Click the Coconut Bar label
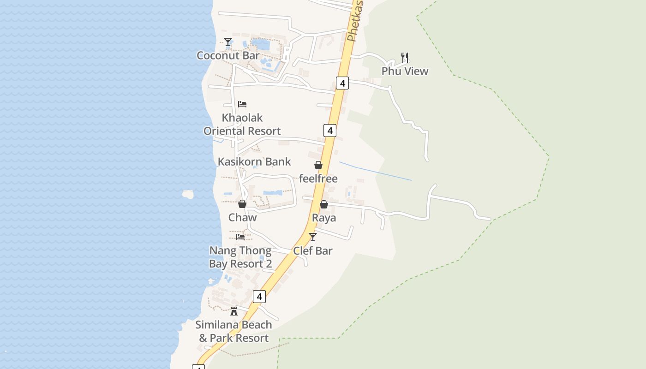click(228, 56)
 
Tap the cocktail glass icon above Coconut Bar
click(228, 42)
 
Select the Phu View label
click(405, 71)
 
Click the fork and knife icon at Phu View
click(405, 58)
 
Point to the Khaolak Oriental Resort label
click(242, 124)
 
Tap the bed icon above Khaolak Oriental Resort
click(242, 104)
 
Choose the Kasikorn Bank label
click(254, 162)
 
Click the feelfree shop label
click(318, 179)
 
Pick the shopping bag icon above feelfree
click(318, 165)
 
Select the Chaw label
click(242, 217)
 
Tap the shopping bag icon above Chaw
click(242, 204)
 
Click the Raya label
click(324, 218)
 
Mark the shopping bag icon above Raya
click(324, 204)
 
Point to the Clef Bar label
click(313, 251)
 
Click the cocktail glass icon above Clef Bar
click(313, 237)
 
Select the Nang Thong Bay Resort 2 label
click(240, 257)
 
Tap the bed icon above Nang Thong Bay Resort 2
click(240, 237)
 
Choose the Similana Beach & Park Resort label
click(233, 331)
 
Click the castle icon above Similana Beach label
click(234, 311)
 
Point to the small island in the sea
click(188, 194)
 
